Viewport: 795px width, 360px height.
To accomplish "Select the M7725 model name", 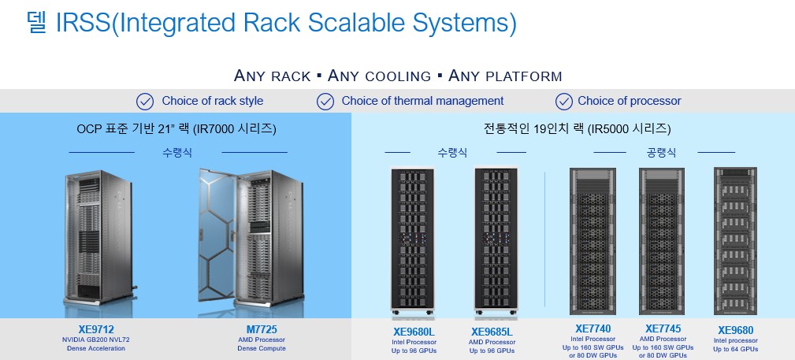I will click(x=262, y=328).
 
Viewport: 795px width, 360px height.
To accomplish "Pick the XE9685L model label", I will click(x=492, y=332).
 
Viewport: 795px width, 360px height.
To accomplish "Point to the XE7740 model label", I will click(x=593, y=328).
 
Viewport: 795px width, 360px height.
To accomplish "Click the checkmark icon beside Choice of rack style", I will click(x=145, y=101).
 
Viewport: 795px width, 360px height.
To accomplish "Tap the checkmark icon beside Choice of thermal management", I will click(x=325, y=101).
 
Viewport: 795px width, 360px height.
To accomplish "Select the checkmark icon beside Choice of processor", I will click(x=563, y=101).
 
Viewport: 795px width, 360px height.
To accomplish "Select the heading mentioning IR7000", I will click(x=176, y=128).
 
